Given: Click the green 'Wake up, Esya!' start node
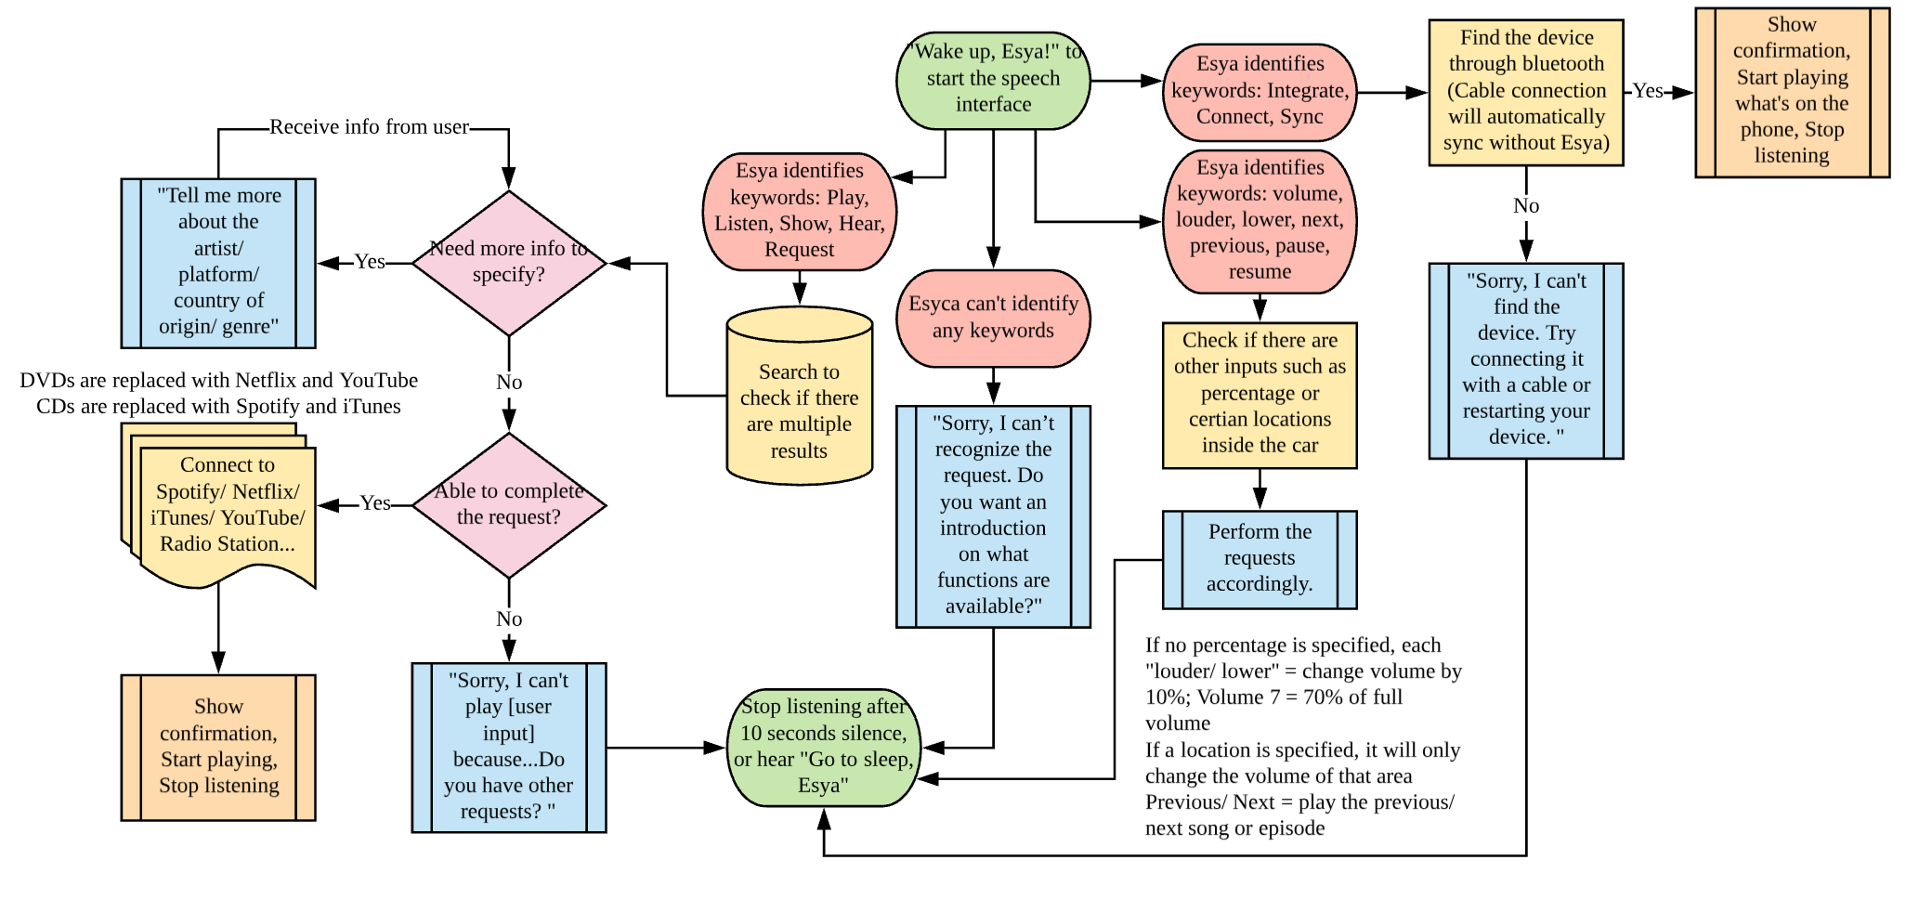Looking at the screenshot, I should pyautogui.click(x=993, y=79).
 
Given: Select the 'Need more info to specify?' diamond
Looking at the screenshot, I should pyautogui.click(x=509, y=263).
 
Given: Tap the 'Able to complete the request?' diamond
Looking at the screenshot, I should pyautogui.click(x=509, y=504).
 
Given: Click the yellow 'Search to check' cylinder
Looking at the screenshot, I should pyautogui.click(x=799, y=399).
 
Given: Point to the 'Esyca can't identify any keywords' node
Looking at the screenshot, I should pyautogui.click(x=993, y=318).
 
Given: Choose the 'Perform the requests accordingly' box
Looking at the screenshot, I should pyautogui.click(x=1260, y=558).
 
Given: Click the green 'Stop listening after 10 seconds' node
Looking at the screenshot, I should pyautogui.click(x=823, y=747).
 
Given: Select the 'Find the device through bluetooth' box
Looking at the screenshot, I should pyautogui.click(x=1526, y=91).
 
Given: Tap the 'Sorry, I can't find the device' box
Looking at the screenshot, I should pyautogui.click(x=1526, y=359).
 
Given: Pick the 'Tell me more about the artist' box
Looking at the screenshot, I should pyautogui.click(x=218, y=262).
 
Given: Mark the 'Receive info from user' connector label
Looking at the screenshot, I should pyautogui.click(x=369, y=127).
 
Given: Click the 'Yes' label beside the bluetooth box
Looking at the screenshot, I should pyautogui.click(x=1648, y=91).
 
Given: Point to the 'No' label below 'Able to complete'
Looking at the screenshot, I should pyautogui.click(x=509, y=619).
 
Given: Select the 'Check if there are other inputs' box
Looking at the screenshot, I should pyautogui.click(x=1260, y=394).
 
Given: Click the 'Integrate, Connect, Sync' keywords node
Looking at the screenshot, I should pyautogui.click(x=1260, y=91).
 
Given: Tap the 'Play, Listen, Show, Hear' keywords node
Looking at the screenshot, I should pyautogui.click(x=799, y=211).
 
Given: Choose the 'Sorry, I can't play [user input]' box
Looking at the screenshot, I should pyautogui.click(x=509, y=746).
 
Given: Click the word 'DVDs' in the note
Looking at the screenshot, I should pyautogui.click(x=44, y=381).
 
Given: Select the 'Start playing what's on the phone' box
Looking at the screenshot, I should pyautogui.click(x=1792, y=91).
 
